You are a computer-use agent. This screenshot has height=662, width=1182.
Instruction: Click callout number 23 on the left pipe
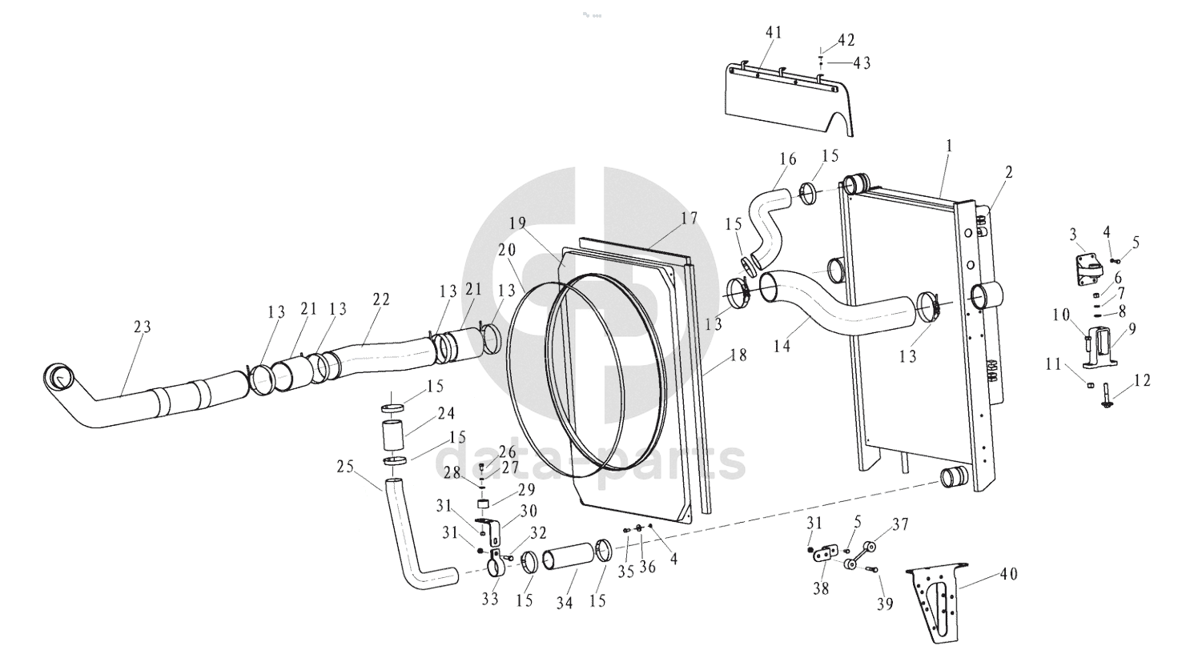click(x=142, y=327)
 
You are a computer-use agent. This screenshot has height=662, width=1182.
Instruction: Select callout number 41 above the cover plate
click(x=774, y=33)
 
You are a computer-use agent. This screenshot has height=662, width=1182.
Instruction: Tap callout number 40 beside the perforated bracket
click(x=1008, y=574)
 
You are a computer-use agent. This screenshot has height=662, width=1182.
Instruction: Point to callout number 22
click(x=381, y=299)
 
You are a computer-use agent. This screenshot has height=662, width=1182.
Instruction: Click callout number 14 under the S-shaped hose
click(x=782, y=347)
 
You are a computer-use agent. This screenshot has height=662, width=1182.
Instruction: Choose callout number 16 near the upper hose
click(x=787, y=158)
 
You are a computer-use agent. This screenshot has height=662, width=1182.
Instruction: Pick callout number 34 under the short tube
click(x=564, y=603)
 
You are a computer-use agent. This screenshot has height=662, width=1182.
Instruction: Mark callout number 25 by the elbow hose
click(x=345, y=467)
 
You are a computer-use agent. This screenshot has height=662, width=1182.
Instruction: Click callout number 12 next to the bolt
click(x=1142, y=380)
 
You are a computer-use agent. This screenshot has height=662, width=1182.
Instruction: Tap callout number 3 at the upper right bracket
click(x=1073, y=235)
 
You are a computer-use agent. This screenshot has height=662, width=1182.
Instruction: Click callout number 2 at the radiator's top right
click(x=1008, y=172)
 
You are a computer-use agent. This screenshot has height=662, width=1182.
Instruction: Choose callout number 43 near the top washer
click(x=862, y=63)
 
